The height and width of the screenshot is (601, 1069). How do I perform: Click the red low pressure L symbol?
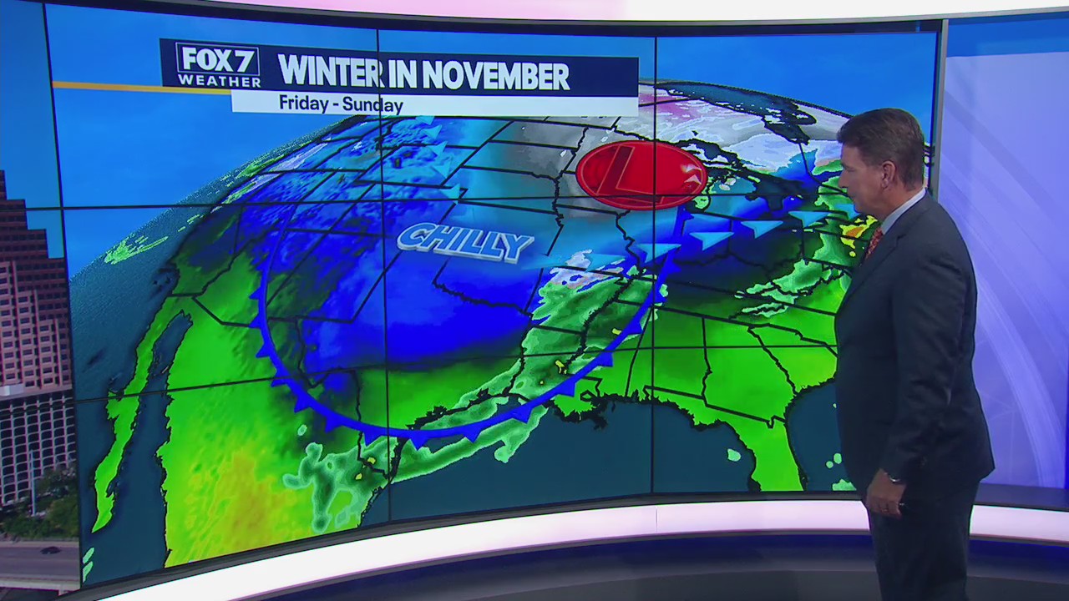click(641, 174)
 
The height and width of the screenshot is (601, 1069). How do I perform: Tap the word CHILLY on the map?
click(464, 242)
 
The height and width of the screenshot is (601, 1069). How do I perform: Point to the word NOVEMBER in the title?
click(496, 76)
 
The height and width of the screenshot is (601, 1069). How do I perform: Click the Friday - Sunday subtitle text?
click(341, 104)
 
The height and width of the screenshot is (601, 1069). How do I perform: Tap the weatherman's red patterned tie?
click(874, 242)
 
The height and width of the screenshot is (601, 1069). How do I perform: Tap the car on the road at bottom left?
click(50, 550)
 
